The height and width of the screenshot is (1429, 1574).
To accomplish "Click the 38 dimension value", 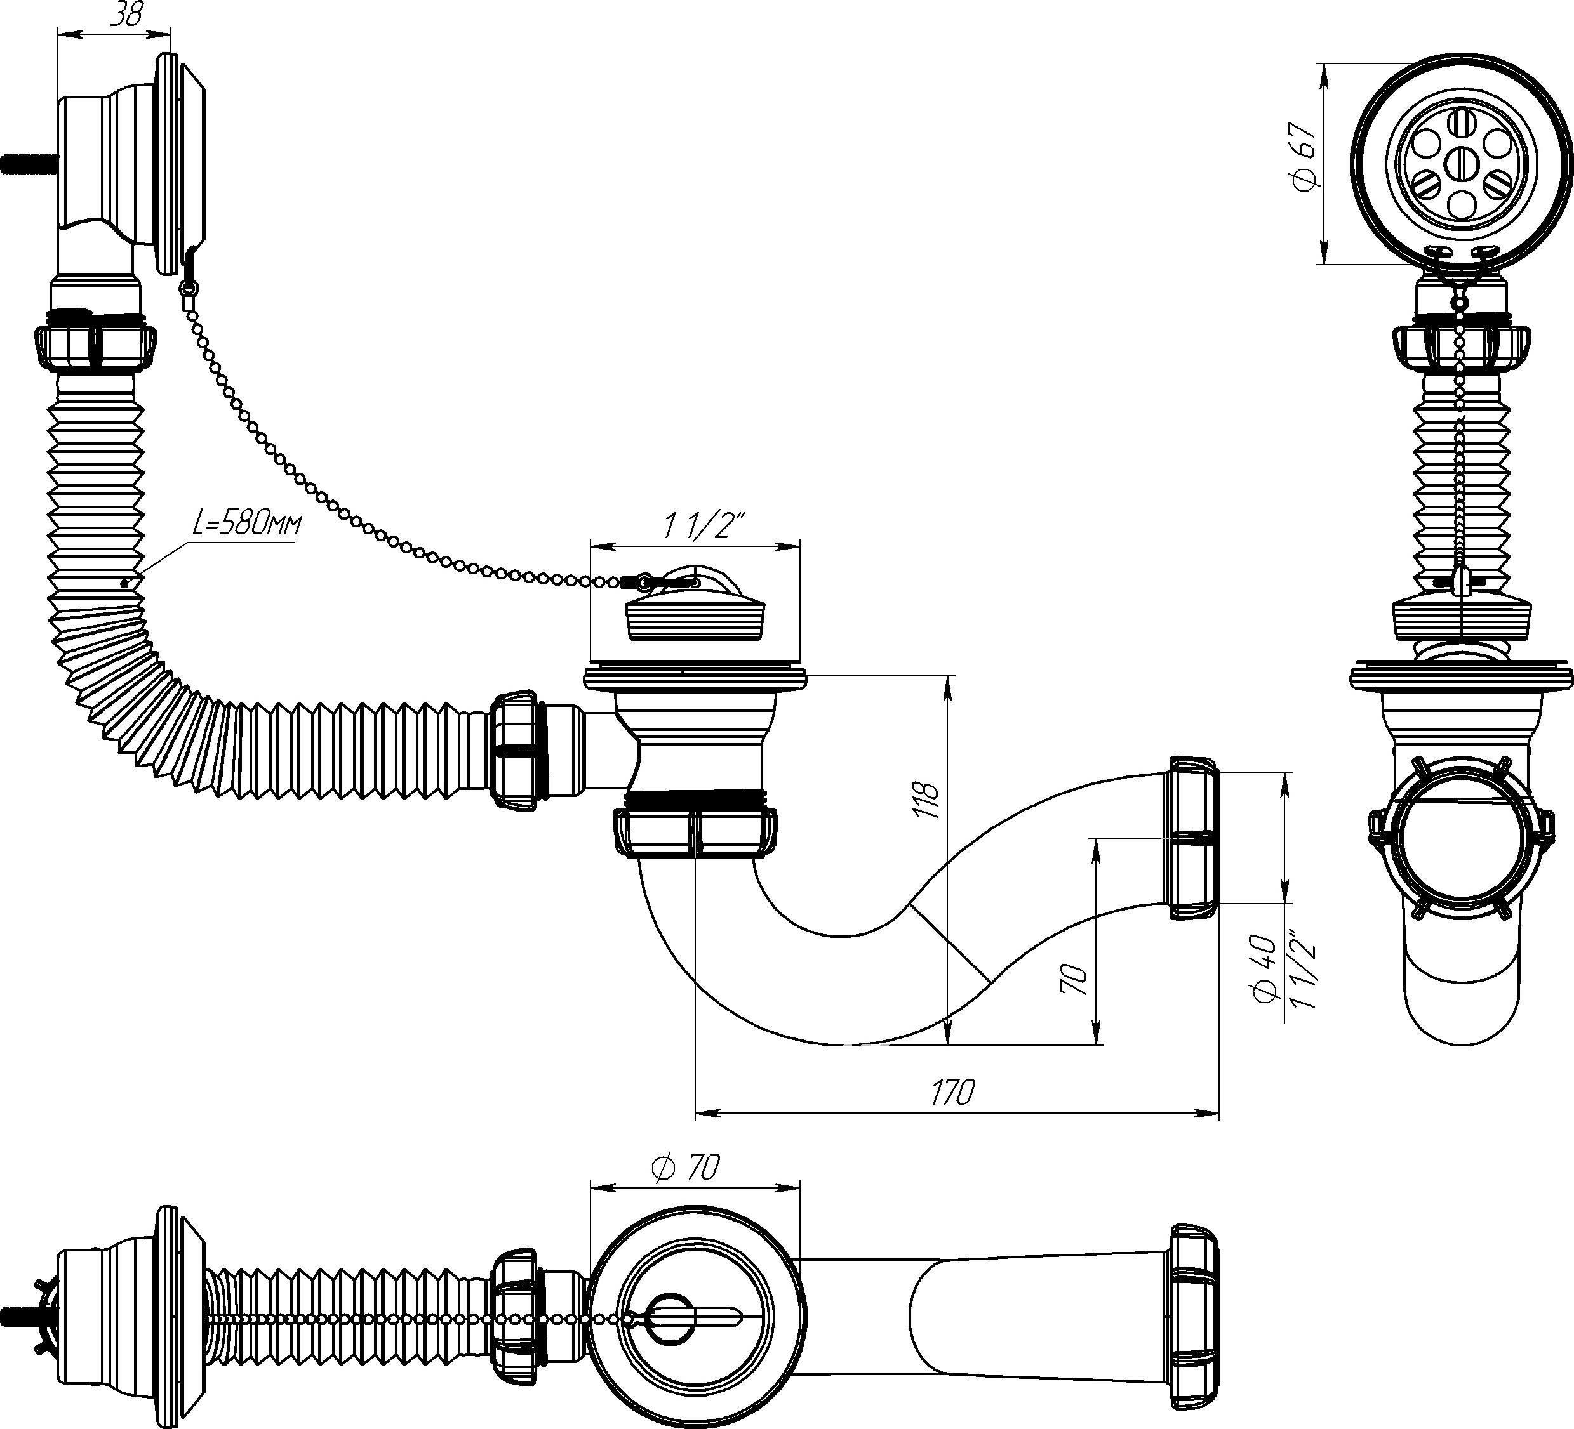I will pos(126,16).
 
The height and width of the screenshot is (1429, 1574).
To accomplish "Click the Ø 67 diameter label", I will pos(1305,156).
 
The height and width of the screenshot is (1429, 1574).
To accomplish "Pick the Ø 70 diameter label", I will pos(684,1168).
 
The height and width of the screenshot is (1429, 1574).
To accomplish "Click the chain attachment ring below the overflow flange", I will pos(186,289).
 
